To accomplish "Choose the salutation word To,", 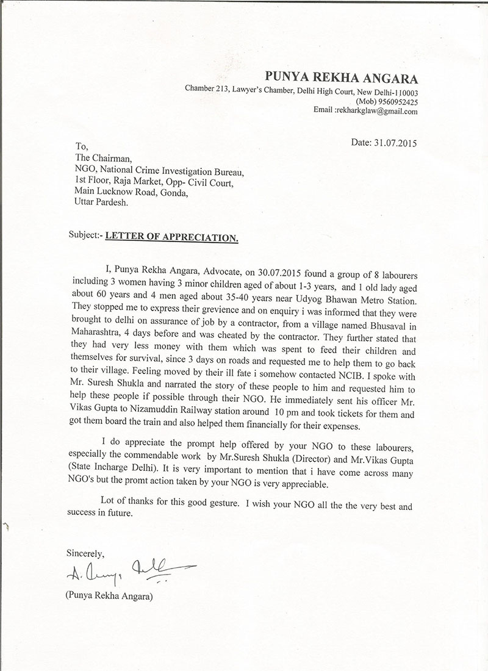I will pos(81,146).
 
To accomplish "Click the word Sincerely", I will pos(85,553).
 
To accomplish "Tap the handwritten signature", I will pos(128,570).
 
